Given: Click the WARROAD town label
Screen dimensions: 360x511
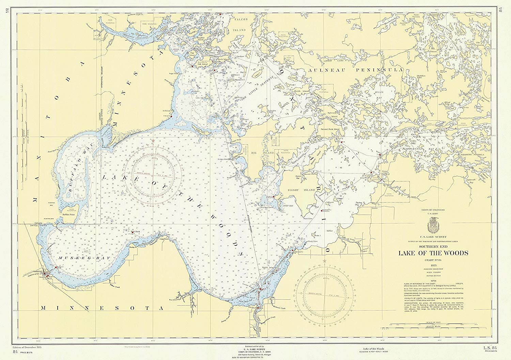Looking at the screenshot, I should coord(38,271).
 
